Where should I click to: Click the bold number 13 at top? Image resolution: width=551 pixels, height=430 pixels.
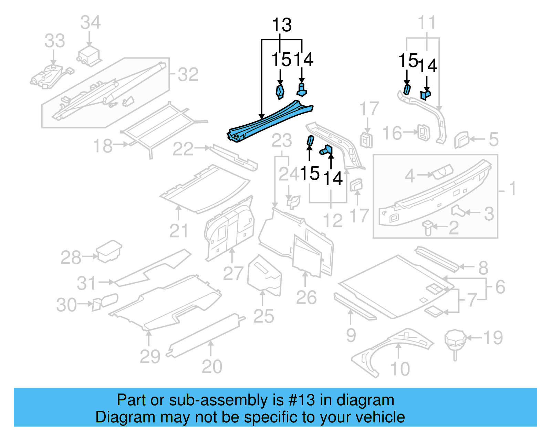click(282, 25)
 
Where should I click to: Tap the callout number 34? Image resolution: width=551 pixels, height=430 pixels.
click(90, 22)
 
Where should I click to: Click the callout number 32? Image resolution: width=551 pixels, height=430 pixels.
click(188, 74)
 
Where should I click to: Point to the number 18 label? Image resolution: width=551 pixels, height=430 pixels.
click(103, 146)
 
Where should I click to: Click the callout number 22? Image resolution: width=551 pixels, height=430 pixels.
click(183, 149)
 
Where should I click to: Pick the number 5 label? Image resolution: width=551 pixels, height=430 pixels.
click(493, 139)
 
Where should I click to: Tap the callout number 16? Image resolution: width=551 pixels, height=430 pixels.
click(392, 133)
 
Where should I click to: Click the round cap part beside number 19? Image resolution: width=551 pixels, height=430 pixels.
click(455, 339)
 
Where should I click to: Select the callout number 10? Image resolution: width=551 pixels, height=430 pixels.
click(400, 369)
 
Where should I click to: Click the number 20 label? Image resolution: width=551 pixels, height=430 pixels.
click(212, 366)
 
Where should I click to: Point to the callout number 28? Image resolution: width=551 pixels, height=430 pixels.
click(71, 257)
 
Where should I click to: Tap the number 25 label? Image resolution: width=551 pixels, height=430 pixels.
click(264, 316)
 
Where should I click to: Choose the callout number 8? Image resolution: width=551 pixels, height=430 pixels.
click(483, 268)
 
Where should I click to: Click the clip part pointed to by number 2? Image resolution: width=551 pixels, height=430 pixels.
click(427, 227)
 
